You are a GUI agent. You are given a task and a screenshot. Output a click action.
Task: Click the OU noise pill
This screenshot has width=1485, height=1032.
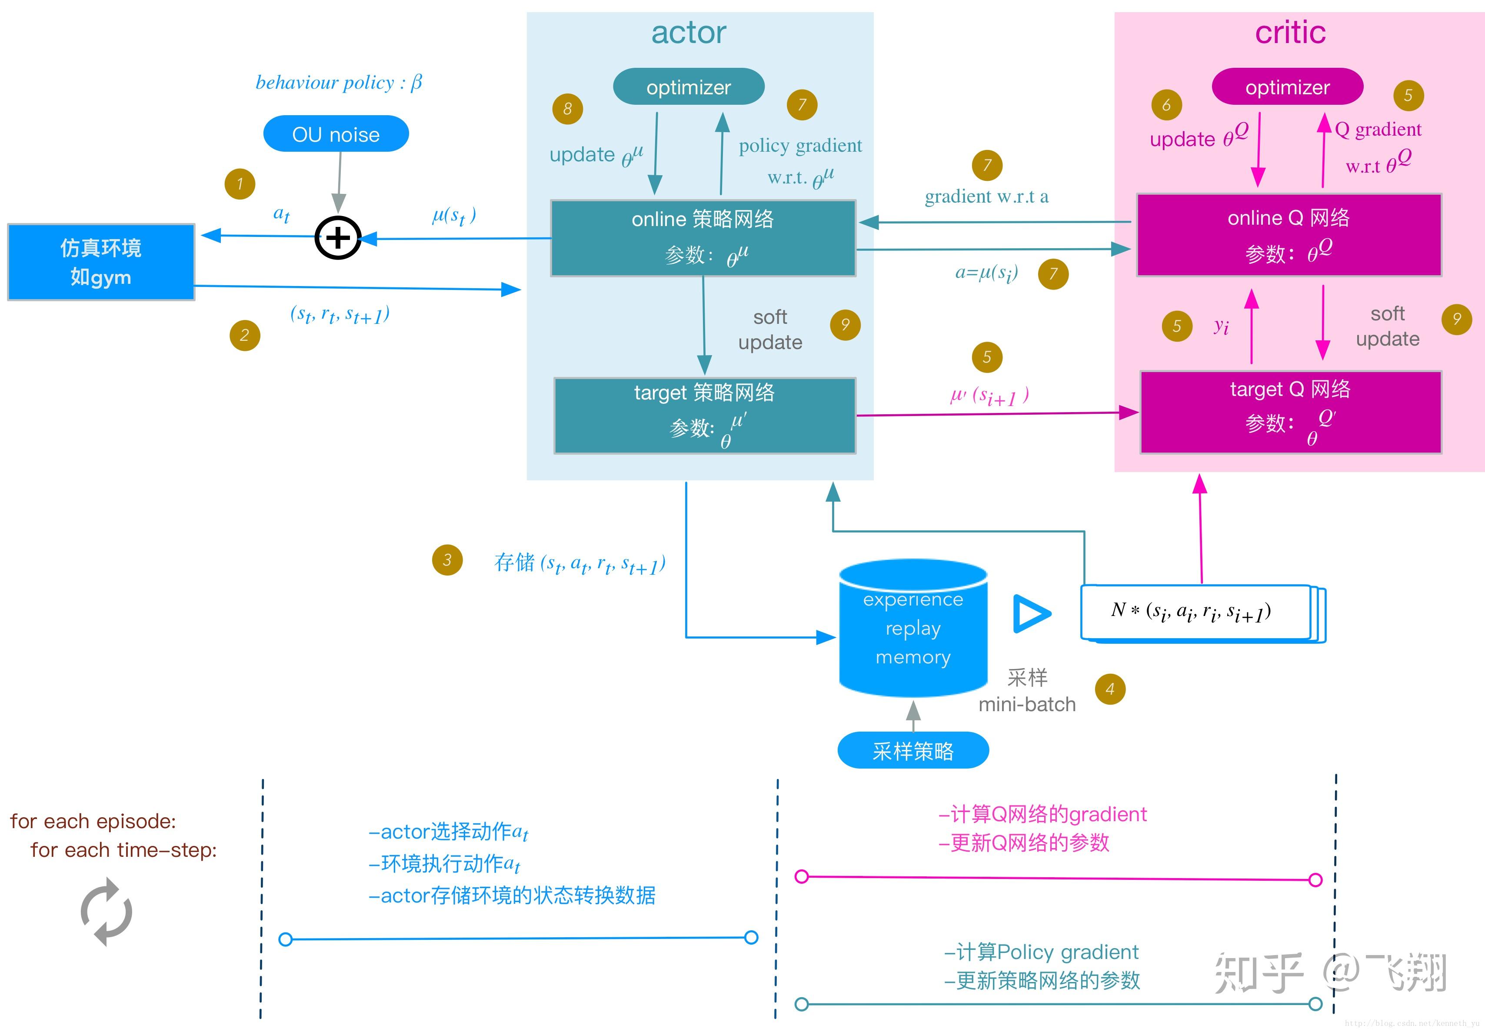coord(336,134)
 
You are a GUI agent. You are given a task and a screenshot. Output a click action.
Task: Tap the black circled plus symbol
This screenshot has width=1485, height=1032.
coord(337,237)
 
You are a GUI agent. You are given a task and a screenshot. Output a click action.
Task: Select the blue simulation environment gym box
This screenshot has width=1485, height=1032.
coord(101,262)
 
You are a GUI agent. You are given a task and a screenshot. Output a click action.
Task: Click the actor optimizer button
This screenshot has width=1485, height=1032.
coord(689,87)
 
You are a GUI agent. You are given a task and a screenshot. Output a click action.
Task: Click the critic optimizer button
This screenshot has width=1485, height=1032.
coord(1287,87)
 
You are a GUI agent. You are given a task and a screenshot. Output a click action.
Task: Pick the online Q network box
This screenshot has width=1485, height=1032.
coord(1289,235)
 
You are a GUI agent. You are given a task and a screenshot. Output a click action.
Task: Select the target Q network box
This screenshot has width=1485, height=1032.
coord(1290,412)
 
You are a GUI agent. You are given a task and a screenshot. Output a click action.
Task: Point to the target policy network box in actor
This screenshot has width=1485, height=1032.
coord(705,415)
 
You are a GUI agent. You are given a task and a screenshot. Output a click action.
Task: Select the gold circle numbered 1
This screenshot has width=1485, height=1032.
coord(240,183)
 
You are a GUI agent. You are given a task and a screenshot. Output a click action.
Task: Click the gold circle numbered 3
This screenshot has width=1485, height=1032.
coord(447,560)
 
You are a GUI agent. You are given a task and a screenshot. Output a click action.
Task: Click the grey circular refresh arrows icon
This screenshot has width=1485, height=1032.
coord(107,912)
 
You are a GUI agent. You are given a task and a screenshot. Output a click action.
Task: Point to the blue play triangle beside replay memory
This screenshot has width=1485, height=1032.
coord(1031,614)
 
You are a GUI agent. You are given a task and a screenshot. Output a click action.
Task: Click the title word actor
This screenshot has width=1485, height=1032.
coord(689,32)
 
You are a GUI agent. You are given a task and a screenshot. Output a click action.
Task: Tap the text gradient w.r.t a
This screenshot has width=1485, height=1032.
coord(986,196)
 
